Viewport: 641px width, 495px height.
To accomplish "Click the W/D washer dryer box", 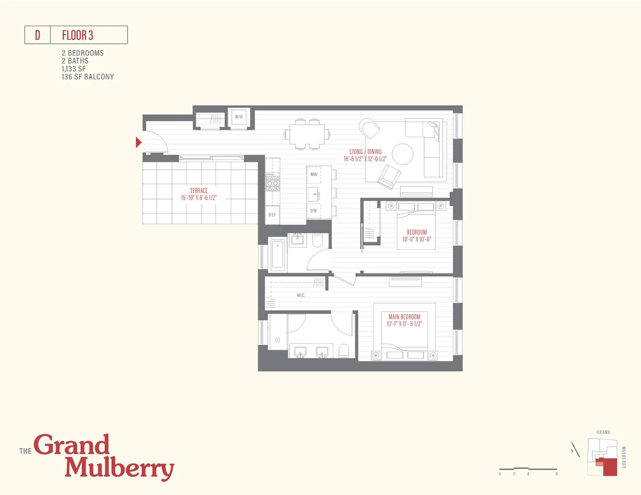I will [x=238, y=117].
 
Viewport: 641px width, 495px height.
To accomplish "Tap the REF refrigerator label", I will [x=272, y=215].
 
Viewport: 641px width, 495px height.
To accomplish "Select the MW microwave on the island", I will [x=314, y=174].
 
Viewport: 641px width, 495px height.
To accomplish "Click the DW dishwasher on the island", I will [x=314, y=211].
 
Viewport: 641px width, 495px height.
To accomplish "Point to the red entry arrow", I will [x=138, y=142].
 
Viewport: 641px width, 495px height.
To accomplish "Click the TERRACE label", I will [x=198, y=191].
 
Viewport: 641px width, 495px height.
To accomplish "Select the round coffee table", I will [x=402, y=154].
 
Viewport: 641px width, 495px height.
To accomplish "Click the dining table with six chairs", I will [x=307, y=133].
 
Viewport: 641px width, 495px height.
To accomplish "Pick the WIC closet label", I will [x=301, y=295].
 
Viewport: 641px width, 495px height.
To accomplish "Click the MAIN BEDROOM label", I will [x=404, y=317].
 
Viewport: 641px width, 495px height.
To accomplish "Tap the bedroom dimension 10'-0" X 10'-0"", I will [x=417, y=239].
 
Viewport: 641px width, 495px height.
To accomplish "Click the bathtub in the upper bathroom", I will [x=277, y=256].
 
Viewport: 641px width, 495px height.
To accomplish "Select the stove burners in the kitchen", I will [x=272, y=183].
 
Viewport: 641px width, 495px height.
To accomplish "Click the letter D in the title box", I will [x=37, y=36].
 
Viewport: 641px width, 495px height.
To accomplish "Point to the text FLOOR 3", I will [x=78, y=36].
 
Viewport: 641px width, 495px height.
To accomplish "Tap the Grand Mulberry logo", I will [x=97, y=457].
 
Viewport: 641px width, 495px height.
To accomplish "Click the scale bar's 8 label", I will [x=557, y=474].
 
